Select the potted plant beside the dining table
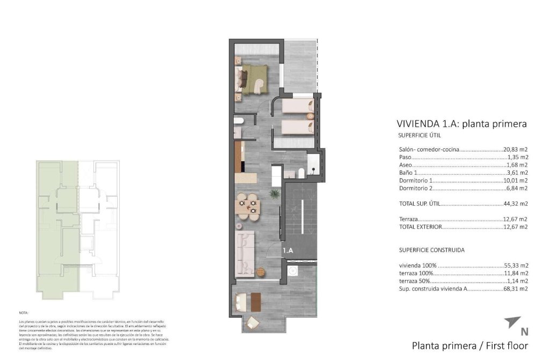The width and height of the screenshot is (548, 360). pyautogui.click(x=274, y=194)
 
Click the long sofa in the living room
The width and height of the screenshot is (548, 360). pyautogui.click(x=244, y=253)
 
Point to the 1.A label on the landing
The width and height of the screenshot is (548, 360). pyautogui.click(x=288, y=250)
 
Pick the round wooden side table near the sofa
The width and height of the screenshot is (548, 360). pyautogui.click(x=262, y=271)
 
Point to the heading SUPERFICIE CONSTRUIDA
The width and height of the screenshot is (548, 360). pyautogui.click(x=431, y=250)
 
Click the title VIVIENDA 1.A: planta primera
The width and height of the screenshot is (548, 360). pyautogui.click(x=461, y=124)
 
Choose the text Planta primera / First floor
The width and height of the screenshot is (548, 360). pyautogui.click(x=470, y=346)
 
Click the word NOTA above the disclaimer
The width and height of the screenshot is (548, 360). pyautogui.click(x=24, y=312)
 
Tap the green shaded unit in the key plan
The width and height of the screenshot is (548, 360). pyautogui.click(x=56, y=226)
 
